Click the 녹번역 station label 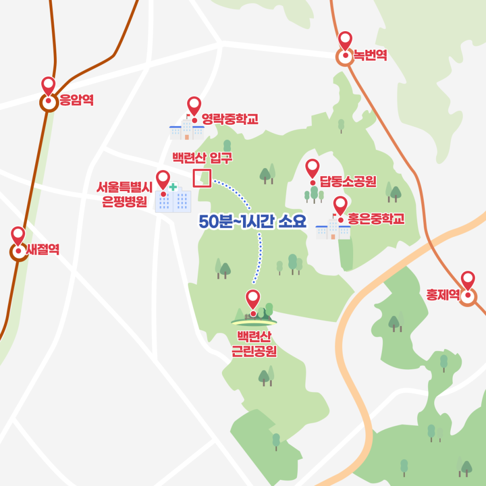point(370,55)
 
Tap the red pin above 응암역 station point(48,86)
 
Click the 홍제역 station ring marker point(468,296)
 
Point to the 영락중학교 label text point(230,119)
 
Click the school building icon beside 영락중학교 point(187,130)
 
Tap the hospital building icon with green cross point(174,199)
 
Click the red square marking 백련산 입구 point(201,178)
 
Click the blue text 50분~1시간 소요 point(253,222)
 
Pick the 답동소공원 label point(348,182)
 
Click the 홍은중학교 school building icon point(333,229)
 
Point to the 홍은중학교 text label point(375,219)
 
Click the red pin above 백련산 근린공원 point(253,300)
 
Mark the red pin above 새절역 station point(18,236)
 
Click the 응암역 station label point(76,101)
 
